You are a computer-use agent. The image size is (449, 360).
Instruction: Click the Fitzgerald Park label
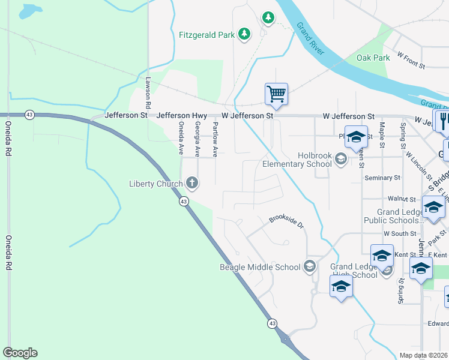(206, 35)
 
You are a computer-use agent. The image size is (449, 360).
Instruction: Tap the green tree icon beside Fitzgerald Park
(244, 34)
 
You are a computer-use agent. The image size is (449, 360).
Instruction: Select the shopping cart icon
(276, 93)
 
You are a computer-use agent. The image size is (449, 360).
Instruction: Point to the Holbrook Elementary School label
(297, 160)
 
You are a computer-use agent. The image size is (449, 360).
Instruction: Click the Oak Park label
(373, 58)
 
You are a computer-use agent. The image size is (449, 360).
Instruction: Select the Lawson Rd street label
(148, 89)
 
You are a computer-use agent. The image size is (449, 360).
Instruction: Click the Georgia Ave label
(197, 137)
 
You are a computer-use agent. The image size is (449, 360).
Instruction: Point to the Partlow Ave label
(215, 137)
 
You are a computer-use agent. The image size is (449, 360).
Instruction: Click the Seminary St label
(382, 178)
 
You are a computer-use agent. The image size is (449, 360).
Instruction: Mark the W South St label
(400, 233)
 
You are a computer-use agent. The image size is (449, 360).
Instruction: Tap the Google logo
(20, 353)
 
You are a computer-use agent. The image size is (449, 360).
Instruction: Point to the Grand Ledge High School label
(354, 271)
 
